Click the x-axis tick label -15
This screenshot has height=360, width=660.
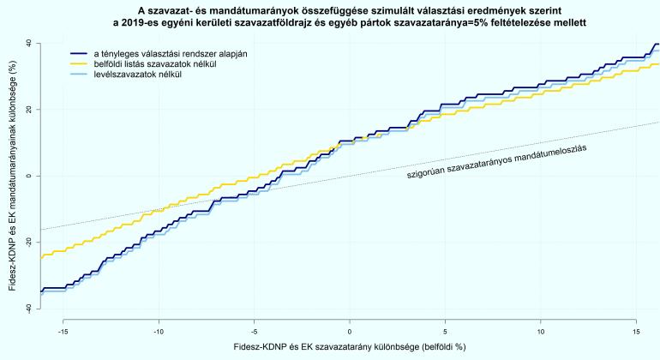[63, 331]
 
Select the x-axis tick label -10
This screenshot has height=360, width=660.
[159, 331]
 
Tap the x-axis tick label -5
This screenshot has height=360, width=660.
[254, 331]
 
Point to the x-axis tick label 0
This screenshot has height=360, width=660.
[350, 331]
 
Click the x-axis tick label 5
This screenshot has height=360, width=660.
[445, 331]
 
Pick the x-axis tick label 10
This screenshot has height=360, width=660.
[540, 331]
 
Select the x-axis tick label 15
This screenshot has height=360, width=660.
[635, 331]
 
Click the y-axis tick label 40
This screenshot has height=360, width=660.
[29, 42]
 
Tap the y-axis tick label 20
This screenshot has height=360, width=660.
[29, 109]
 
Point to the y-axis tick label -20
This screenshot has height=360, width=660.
[29, 243]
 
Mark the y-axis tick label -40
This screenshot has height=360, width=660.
[29, 309]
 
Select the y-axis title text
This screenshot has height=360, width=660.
[12, 176]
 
